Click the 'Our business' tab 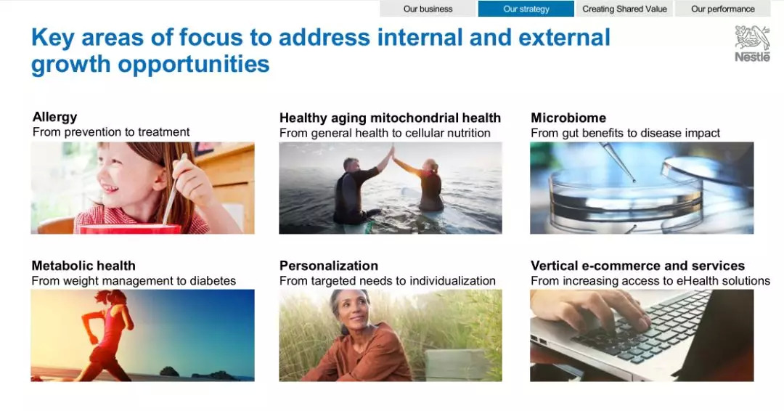(x=428, y=9)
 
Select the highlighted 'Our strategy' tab (x=526, y=9)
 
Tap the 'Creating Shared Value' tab (x=624, y=9)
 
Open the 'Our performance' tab (x=723, y=9)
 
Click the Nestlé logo (x=753, y=44)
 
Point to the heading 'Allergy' (x=55, y=117)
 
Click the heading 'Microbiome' (x=568, y=118)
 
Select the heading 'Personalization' (x=329, y=266)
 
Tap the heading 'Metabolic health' (x=83, y=266)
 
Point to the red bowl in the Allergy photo (x=130, y=229)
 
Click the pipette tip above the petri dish (x=634, y=180)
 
